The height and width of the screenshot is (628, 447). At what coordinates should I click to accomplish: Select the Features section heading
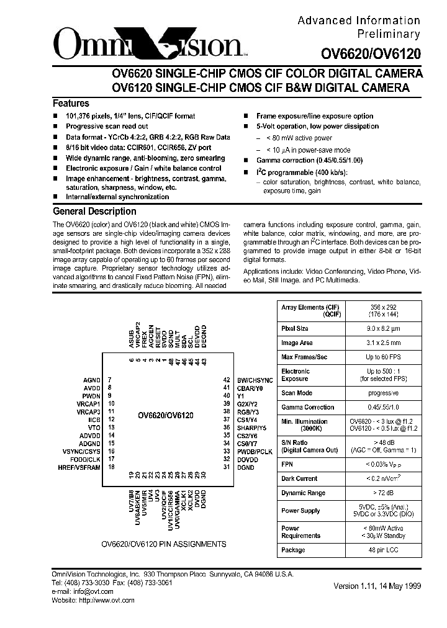[x=71, y=104]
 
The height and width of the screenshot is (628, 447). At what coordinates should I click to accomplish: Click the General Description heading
[x=94, y=211]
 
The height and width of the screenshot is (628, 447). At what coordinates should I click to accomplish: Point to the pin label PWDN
[x=91, y=395]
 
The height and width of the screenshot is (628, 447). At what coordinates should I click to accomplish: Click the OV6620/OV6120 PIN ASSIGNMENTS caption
[x=163, y=544]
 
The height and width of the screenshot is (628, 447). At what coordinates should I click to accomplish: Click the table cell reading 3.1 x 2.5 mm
[x=382, y=342]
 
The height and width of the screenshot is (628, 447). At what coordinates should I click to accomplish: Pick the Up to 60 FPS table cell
[x=382, y=357]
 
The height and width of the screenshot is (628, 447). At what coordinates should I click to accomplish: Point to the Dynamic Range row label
[x=303, y=493]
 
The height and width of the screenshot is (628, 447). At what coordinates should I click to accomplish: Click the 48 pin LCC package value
[x=382, y=550]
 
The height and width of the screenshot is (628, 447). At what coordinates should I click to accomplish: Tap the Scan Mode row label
[x=297, y=393]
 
